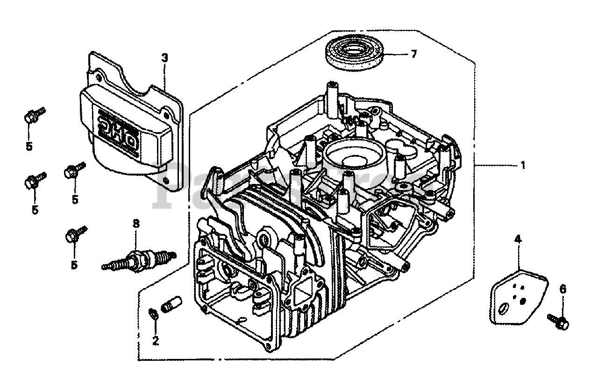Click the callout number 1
(523, 165)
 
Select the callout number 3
(164, 58)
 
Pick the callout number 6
(562, 289)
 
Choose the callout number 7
(413, 54)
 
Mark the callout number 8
(136, 224)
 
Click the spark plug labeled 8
(139, 258)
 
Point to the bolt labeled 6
(558, 320)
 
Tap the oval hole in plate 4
(504, 309)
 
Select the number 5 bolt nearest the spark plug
(73, 236)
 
